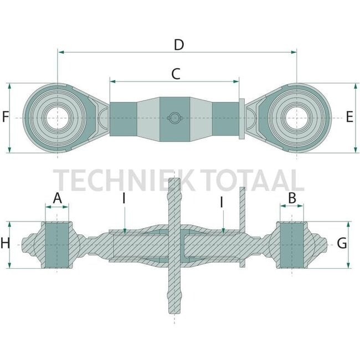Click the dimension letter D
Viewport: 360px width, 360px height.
(x=178, y=45)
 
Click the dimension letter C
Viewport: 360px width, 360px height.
(x=175, y=74)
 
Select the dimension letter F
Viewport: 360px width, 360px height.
(x=5, y=117)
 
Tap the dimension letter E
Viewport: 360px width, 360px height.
(x=349, y=117)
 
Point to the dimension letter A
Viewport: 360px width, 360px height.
(x=57, y=198)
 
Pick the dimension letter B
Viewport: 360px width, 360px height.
(x=292, y=197)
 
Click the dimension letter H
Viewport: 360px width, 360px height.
(x=5, y=243)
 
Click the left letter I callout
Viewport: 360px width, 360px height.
(x=125, y=198)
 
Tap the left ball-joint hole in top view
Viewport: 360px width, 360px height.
(x=58, y=118)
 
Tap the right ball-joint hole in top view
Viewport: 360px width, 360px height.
(x=297, y=118)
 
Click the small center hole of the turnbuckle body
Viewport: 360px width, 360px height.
(x=175, y=117)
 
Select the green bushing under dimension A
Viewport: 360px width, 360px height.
(x=57, y=244)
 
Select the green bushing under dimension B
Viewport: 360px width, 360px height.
(x=292, y=244)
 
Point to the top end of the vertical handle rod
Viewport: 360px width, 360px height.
(x=174, y=182)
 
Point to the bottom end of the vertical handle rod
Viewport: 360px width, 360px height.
(x=174, y=310)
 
